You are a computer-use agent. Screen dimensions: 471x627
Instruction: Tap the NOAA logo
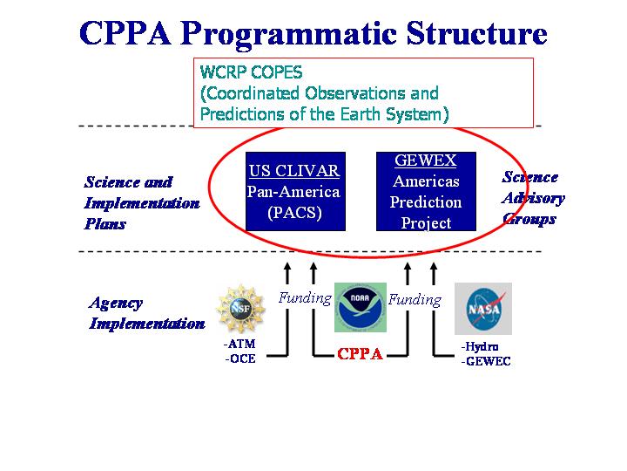[360, 307]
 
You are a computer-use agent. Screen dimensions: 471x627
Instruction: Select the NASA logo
[482, 309]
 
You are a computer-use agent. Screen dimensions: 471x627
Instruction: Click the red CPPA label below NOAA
[360, 355]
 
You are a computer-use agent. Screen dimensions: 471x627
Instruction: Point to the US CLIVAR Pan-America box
[293, 192]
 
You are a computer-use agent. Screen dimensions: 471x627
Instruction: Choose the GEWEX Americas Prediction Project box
[426, 192]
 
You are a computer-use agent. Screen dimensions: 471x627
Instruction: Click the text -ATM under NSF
[240, 344]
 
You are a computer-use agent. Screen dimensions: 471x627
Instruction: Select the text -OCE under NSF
[240, 358]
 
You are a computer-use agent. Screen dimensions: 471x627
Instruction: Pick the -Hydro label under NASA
[480, 346]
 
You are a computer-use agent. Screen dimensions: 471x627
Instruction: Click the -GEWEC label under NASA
[486, 361]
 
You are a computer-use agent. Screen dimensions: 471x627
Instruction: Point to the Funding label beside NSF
[305, 298]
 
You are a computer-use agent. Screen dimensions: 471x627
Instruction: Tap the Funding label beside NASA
[415, 300]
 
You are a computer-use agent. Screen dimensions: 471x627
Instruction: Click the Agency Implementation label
[146, 313]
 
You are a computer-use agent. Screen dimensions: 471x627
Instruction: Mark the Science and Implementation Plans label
[141, 202]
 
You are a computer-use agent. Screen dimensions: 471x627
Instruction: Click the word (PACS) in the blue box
[293, 212]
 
